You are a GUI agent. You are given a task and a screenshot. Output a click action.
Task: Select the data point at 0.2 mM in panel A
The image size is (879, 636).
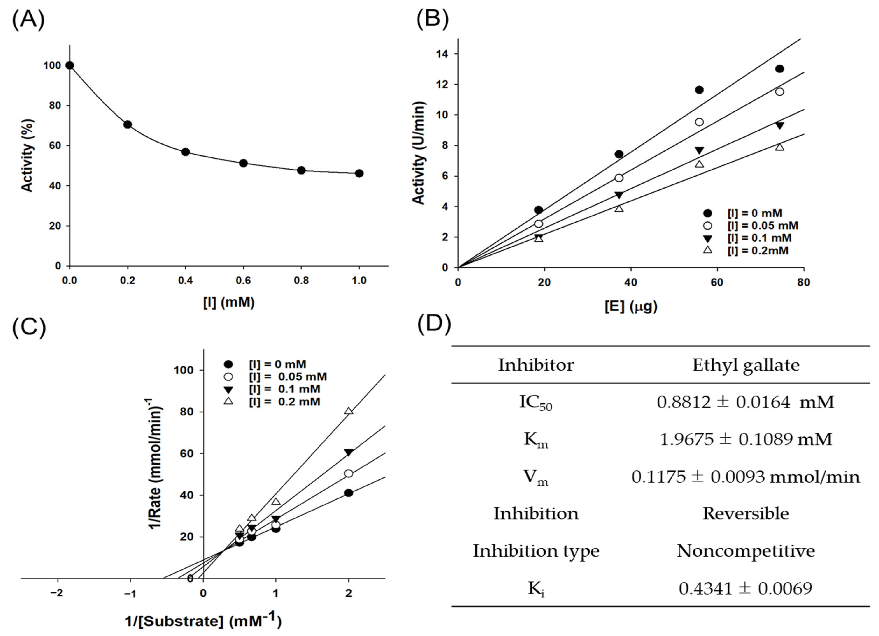[x=128, y=124]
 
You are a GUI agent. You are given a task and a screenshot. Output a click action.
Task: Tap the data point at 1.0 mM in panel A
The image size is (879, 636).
[x=359, y=173]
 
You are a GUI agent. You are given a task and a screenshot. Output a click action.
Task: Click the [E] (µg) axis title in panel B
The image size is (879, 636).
[x=631, y=306]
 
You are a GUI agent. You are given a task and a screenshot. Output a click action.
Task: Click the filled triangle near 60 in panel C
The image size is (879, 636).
[x=349, y=452]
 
